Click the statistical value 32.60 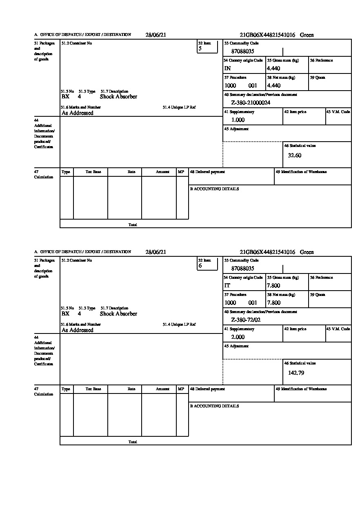pyautogui.click(x=295, y=156)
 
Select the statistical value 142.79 pyautogui.click(x=296, y=373)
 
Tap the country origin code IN pyautogui.click(x=227, y=69)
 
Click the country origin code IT pyautogui.click(x=227, y=286)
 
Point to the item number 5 pyautogui.click(x=200, y=49)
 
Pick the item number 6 pyautogui.click(x=200, y=266)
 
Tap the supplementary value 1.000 pyautogui.click(x=238, y=120)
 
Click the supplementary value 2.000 pyautogui.click(x=238, y=337)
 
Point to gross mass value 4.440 pyautogui.click(x=273, y=69)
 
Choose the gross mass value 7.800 pyautogui.click(x=273, y=286)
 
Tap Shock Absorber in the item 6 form pyautogui.click(x=118, y=314)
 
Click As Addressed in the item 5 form pyautogui.click(x=78, y=113)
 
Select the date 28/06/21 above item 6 pyautogui.click(x=156, y=252)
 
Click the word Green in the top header pyautogui.click(x=307, y=35)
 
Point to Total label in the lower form pyautogui.click(x=133, y=442)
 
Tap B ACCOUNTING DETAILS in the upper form pyautogui.click(x=214, y=189)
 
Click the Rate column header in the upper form pyautogui.click(x=131, y=172)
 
